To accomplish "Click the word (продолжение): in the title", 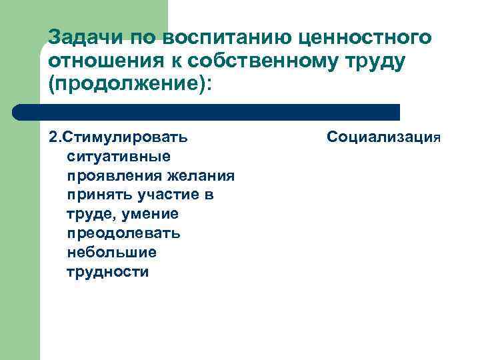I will [133, 85].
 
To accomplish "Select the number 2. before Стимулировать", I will [55, 137].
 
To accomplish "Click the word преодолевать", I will [123, 234].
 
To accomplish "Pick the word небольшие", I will [111, 253].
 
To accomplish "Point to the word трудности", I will [108, 273].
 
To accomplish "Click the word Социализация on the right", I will [384, 137].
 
